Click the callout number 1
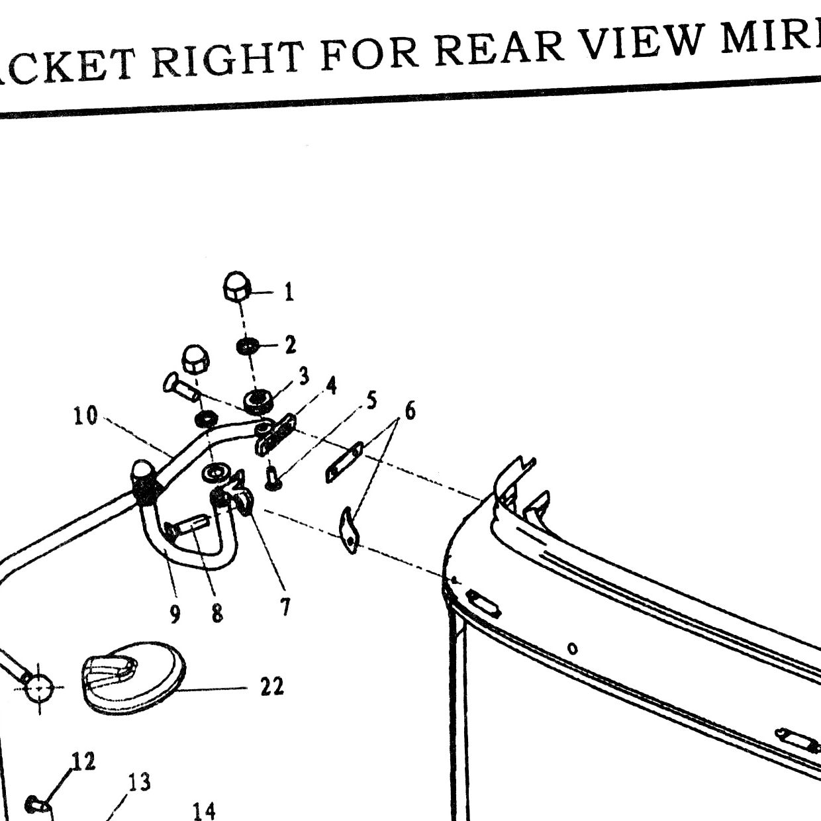[x=289, y=292]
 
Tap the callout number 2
[x=291, y=345]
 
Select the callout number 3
[x=303, y=376]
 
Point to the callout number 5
[x=371, y=401]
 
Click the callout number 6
[x=409, y=410]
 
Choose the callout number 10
[x=85, y=416]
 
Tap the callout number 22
[x=272, y=687]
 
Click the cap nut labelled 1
[x=237, y=286]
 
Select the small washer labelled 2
[x=246, y=346]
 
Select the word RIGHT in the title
[x=228, y=60]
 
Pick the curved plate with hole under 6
[x=350, y=530]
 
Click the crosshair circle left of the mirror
[x=39, y=687]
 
